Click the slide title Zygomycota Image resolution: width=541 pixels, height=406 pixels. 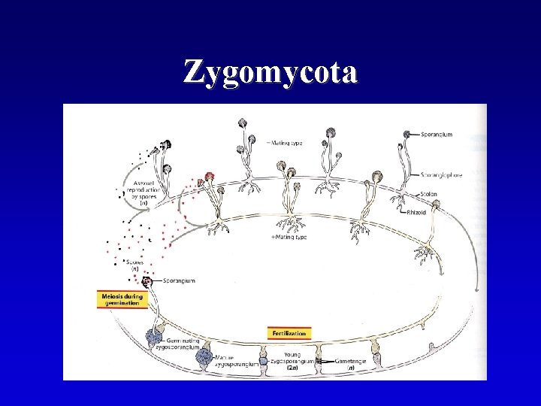(x=270, y=73)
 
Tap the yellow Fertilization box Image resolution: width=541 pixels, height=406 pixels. (x=289, y=332)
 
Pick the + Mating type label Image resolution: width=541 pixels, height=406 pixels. (x=289, y=238)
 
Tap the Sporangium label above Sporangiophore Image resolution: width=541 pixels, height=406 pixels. (x=437, y=135)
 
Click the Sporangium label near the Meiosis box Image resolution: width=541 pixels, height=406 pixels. (x=179, y=280)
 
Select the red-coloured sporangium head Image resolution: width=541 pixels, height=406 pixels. (x=210, y=177)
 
